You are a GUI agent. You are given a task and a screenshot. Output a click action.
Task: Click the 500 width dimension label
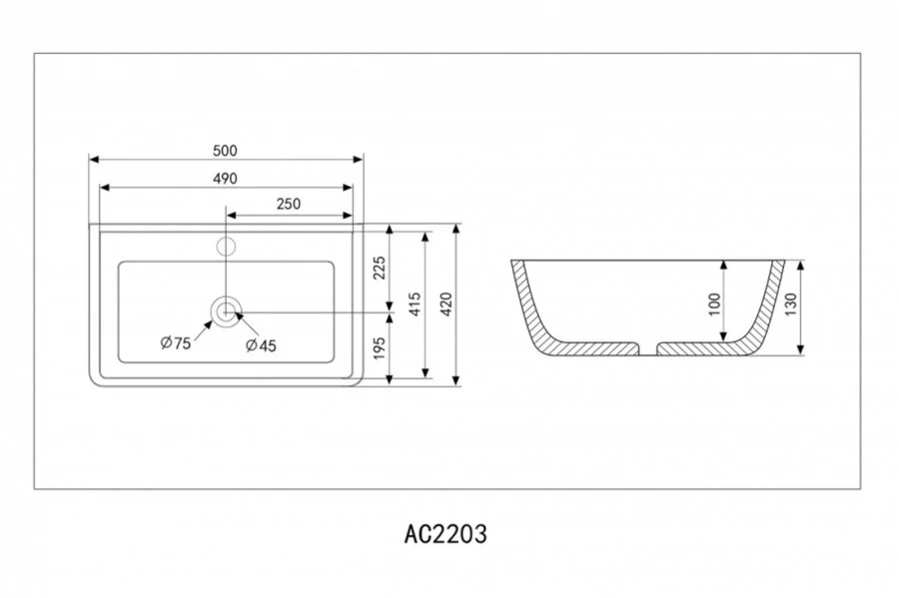[x=225, y=151]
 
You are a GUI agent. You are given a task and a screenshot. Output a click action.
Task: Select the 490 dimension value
[x=225, y=179]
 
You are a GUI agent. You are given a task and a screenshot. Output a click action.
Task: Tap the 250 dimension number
[x=289, y=204]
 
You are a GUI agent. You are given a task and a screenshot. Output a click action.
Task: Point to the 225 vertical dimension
[x=379, y=268]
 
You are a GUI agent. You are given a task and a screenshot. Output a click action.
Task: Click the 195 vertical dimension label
[x=379, y=347]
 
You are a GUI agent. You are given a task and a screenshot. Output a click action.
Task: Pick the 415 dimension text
[x=415, y=303]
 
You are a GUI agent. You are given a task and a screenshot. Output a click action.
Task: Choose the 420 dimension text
[x=447, y=303]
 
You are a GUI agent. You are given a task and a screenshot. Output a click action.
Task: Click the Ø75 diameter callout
[x=176, y=343]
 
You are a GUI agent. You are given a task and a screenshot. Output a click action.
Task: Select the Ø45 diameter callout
[x=261, y=345]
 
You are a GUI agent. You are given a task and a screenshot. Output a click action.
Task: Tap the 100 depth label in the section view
[x=714, y=304]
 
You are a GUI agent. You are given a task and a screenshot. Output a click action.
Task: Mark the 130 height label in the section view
[x=791, y=304]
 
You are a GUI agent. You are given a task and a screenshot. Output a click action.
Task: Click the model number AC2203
[x=446, y=534]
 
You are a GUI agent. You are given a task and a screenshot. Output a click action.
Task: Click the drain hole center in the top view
[x=227, y=312]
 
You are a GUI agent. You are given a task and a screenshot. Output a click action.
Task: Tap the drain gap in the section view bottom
[x=648, y=348]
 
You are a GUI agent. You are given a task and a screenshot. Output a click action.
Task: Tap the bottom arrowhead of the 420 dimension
[x=455, y=380]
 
